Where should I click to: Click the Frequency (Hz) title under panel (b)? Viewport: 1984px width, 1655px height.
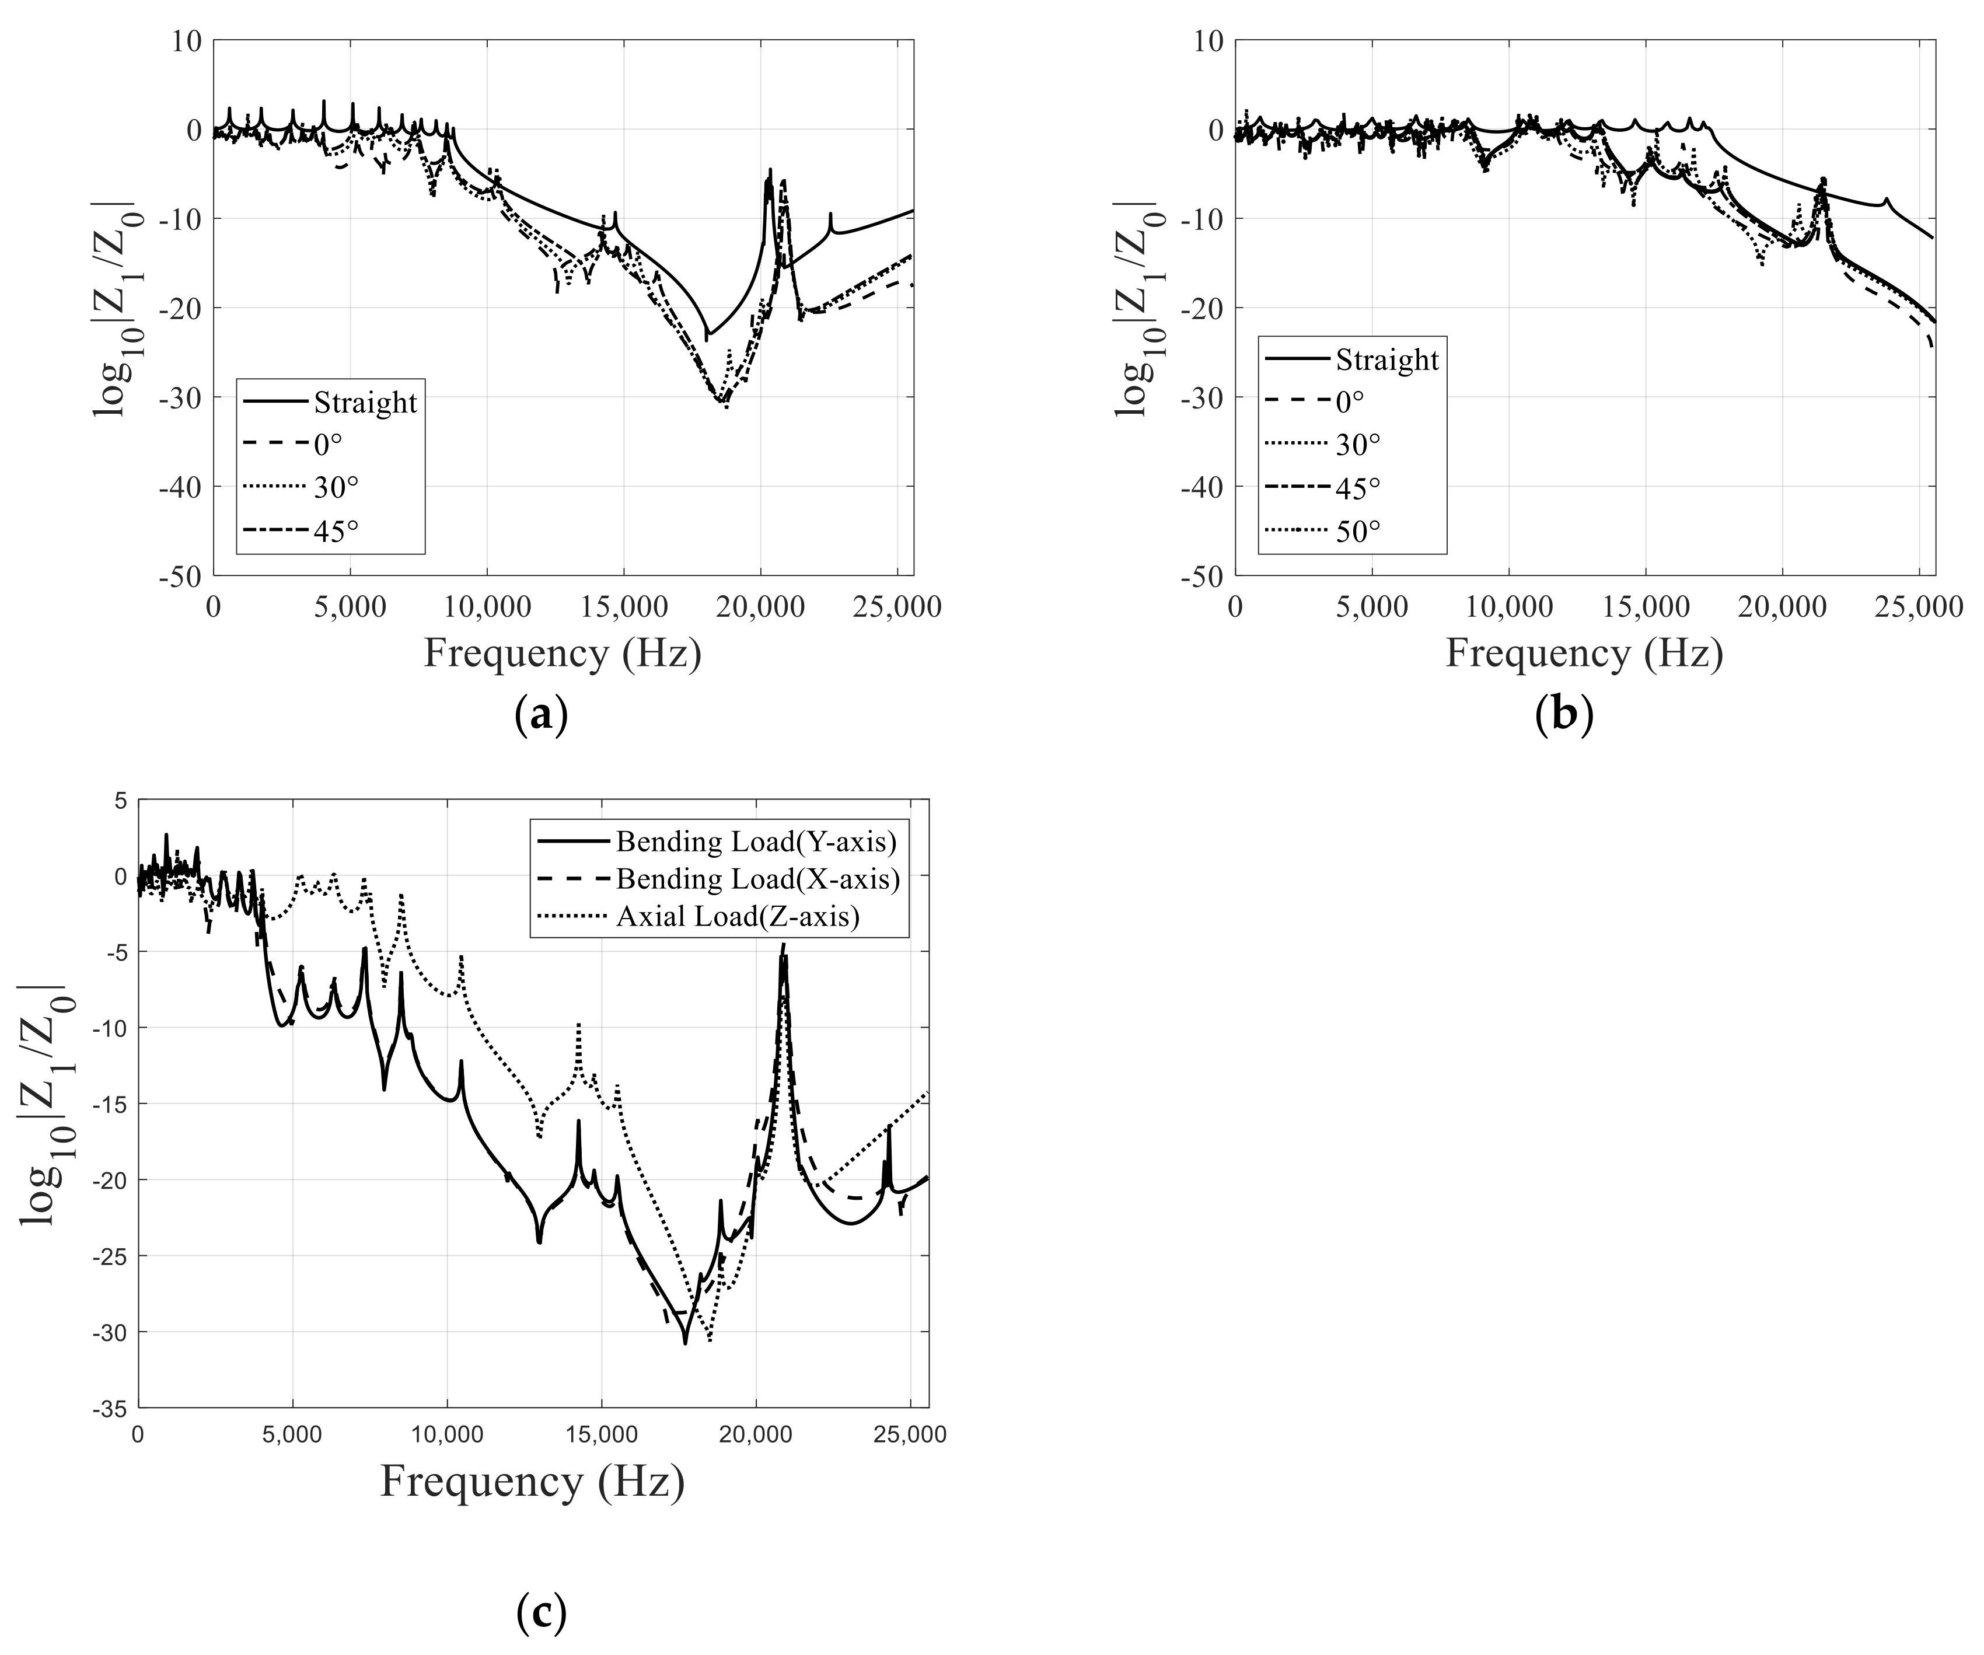point(1584,654)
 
